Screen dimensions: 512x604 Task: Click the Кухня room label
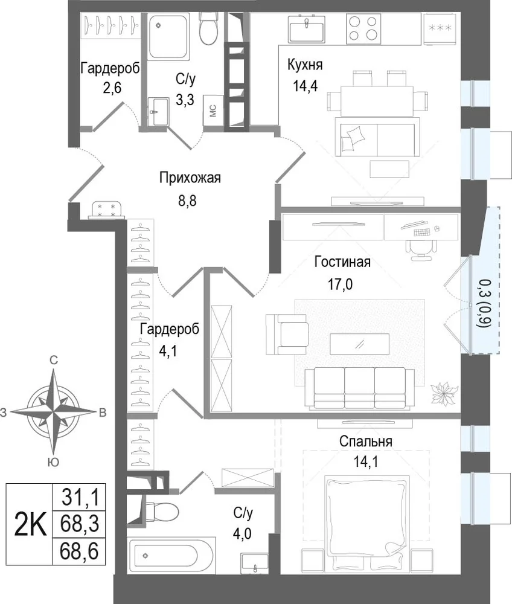point(305,65)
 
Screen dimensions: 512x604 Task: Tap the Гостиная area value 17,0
point(341,284)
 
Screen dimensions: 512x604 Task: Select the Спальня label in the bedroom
point(366,442)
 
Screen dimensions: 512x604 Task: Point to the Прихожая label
point(190,178)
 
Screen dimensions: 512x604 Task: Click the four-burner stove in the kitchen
point(363,28)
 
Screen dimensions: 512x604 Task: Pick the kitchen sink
point(307,28)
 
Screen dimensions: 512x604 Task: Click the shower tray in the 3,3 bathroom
point(168,37)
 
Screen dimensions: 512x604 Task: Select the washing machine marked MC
point(213,111)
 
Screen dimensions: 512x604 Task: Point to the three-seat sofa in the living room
point(360,388)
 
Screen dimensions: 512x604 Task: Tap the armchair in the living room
point(287,333)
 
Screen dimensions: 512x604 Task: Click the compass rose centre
point(54,412)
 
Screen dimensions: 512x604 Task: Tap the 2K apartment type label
point(30,524)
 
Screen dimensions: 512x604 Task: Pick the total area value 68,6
point(79,551)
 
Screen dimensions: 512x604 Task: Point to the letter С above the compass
point(54,360)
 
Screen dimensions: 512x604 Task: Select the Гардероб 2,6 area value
point(112,88)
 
